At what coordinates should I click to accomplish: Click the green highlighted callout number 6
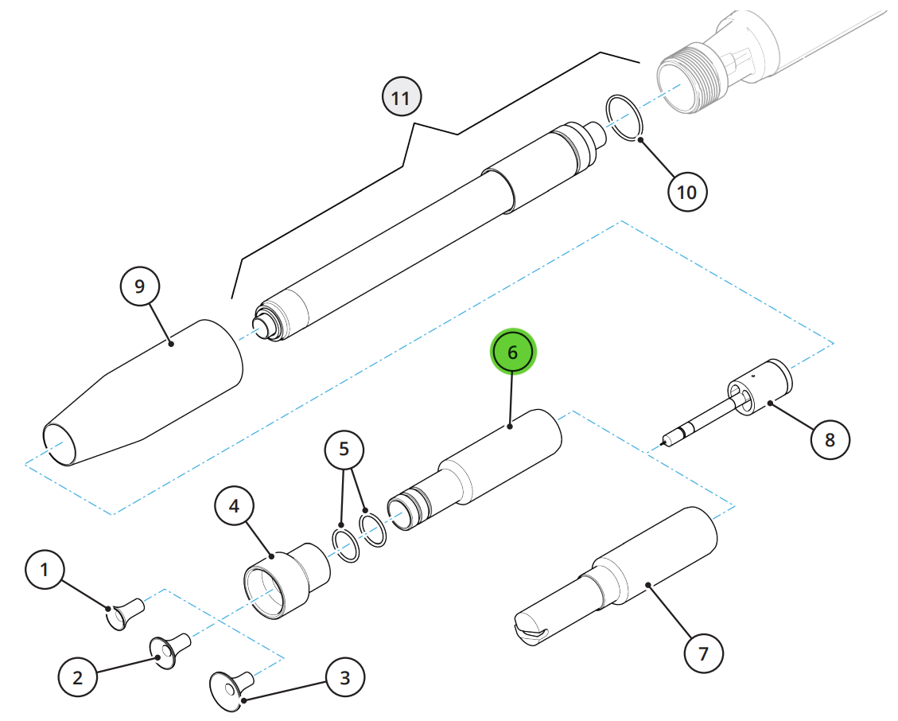[x=512, y=352]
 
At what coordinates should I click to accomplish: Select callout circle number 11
[x=402, y=97]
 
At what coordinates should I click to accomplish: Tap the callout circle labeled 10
[x=687, y=192]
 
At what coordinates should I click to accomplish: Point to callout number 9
[x=140, y=286]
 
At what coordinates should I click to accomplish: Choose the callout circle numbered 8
[x=830, y=439]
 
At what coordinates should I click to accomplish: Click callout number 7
[x=704, y=653]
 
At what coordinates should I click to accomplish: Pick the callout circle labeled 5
[x=344, y=449]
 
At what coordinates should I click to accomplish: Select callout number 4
[x=234, y=506]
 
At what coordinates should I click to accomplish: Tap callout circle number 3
[x=344, y=678]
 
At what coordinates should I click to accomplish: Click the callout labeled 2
[x=78, y=677]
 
